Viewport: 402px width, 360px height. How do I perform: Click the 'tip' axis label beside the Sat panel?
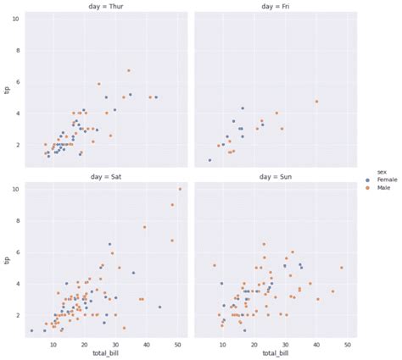[7, 259]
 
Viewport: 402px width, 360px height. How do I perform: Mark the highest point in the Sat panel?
[180, 189]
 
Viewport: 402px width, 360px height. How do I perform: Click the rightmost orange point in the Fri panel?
[316, 102]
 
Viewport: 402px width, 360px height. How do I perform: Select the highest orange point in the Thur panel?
[129, 70]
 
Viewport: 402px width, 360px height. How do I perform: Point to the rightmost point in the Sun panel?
[341, 268]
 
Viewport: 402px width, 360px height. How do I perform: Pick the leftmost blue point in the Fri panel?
[209, 160]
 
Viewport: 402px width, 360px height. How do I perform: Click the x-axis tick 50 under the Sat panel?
[177, 345]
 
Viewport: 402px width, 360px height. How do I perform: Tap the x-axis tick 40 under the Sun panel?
[316, 345]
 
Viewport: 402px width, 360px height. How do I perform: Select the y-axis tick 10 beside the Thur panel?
[16, 18]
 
